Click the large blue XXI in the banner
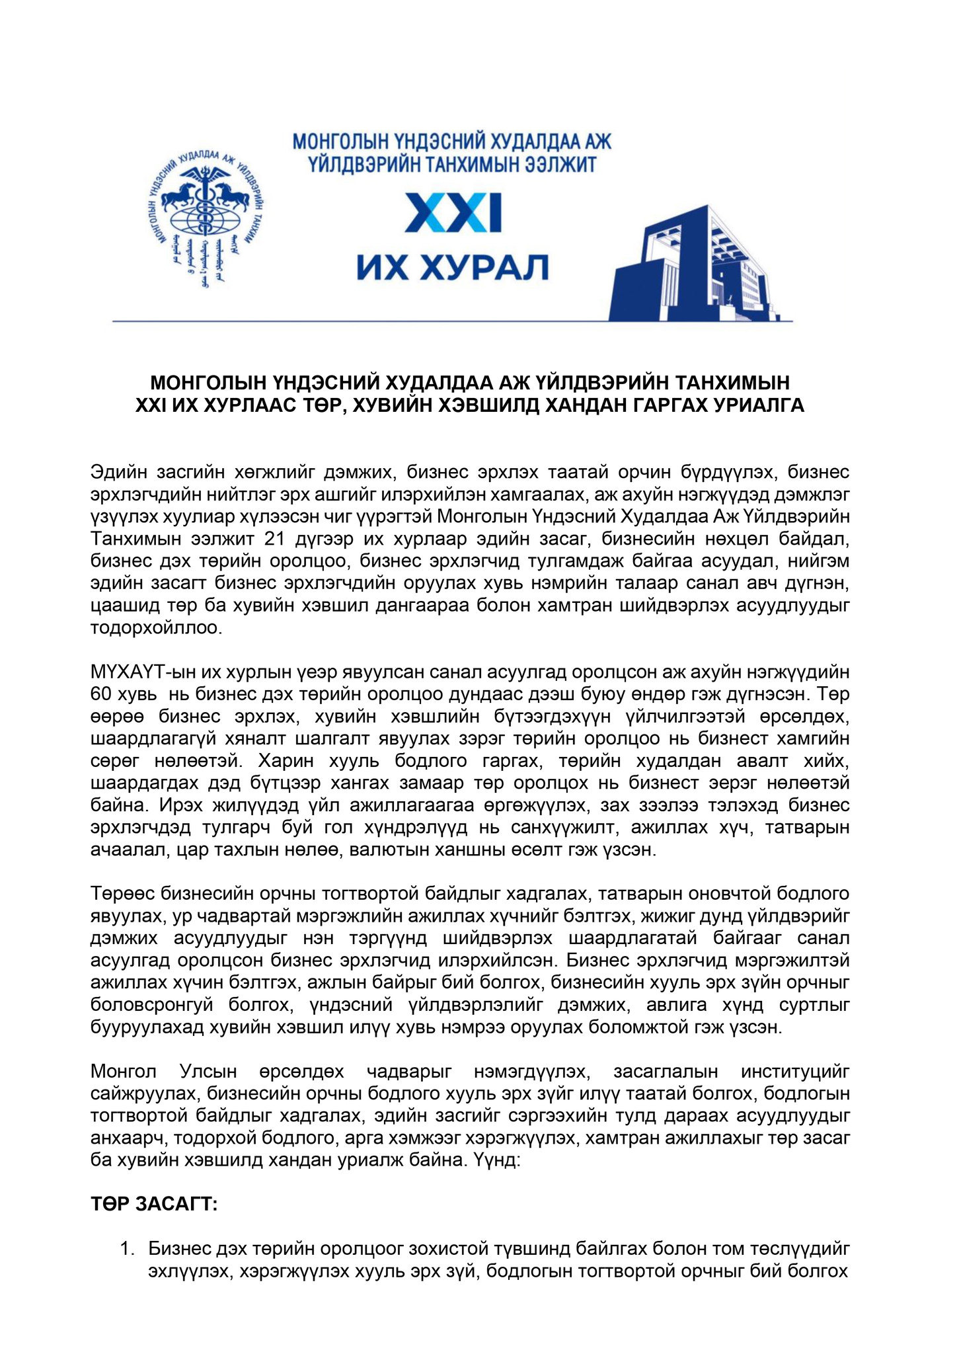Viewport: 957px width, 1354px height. click(x=453, y=212)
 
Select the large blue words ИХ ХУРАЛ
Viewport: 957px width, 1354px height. click(x=453, y=268)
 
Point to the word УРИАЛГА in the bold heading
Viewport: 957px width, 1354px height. click(x=758, y=405)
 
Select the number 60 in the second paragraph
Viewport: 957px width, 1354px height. click(x=102, y=694)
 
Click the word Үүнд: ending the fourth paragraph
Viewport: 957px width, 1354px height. click(x=497, y=1160)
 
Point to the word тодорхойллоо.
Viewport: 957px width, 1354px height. click(x=156, y=627)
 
